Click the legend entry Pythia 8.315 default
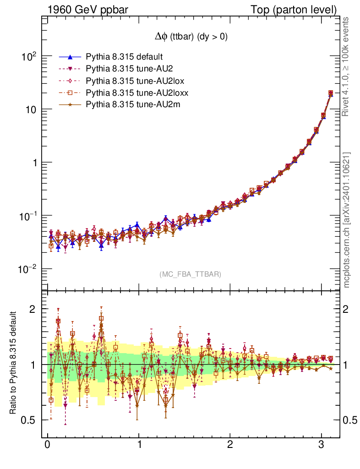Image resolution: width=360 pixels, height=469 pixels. [124, 57]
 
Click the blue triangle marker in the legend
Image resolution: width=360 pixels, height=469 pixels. [70, 57]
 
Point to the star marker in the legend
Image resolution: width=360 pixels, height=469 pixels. [70, 105]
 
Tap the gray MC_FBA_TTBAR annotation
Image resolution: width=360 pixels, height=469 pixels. [191, 274]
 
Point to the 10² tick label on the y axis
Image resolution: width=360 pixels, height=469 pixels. [29, 56]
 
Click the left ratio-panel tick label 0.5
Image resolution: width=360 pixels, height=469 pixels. [29, 420]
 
